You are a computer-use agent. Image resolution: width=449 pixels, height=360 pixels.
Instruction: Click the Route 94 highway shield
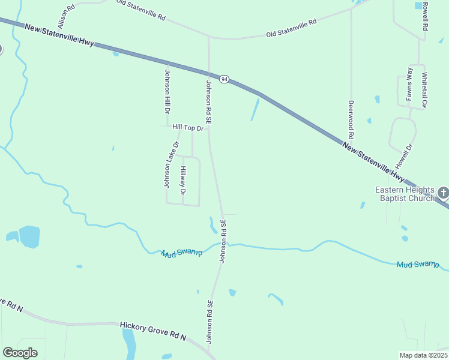point(224,79)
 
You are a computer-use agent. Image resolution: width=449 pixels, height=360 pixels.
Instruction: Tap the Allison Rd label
point(66,16)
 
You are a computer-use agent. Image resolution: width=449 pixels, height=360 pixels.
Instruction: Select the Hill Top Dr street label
point(188,127)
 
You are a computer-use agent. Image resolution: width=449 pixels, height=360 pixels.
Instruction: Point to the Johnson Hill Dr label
point(167,94)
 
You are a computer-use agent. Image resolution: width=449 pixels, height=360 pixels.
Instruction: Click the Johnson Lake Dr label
point(170,164)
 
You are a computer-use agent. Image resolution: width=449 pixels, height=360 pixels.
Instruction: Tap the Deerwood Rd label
point(351,119)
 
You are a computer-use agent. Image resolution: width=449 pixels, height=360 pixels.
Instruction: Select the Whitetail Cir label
point(424,90)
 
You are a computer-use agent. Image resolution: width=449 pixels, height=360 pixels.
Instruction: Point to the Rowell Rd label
point(424,16)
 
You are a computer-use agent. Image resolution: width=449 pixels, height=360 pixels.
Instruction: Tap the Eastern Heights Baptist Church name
point(405,194)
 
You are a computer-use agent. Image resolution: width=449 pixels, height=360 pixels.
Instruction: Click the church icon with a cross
point(443,193)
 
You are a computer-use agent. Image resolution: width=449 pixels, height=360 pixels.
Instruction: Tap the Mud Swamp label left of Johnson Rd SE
point(182,253)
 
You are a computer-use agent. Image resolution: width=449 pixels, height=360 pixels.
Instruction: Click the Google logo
point(20,353)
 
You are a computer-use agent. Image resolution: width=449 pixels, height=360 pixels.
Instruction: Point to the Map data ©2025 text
point(423,355)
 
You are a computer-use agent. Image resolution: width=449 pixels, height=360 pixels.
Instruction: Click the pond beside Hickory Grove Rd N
point(129,342)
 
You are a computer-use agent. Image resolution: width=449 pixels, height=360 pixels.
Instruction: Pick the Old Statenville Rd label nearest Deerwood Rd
point(291,29)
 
